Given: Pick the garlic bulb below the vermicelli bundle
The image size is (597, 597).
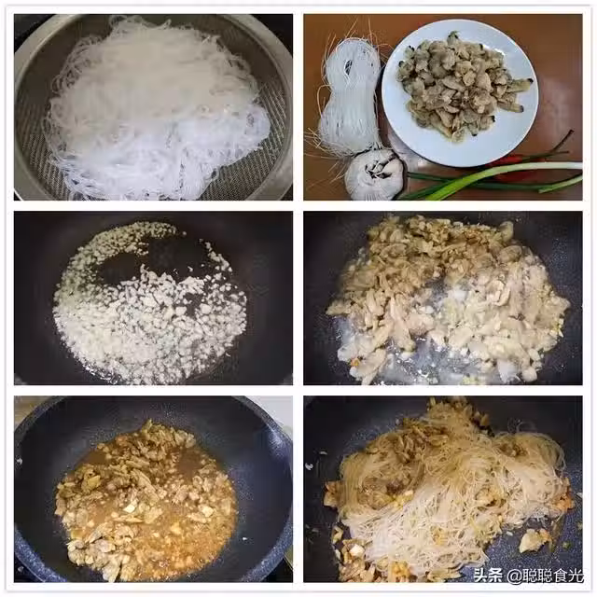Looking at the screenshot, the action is click(x=374, y=174).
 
